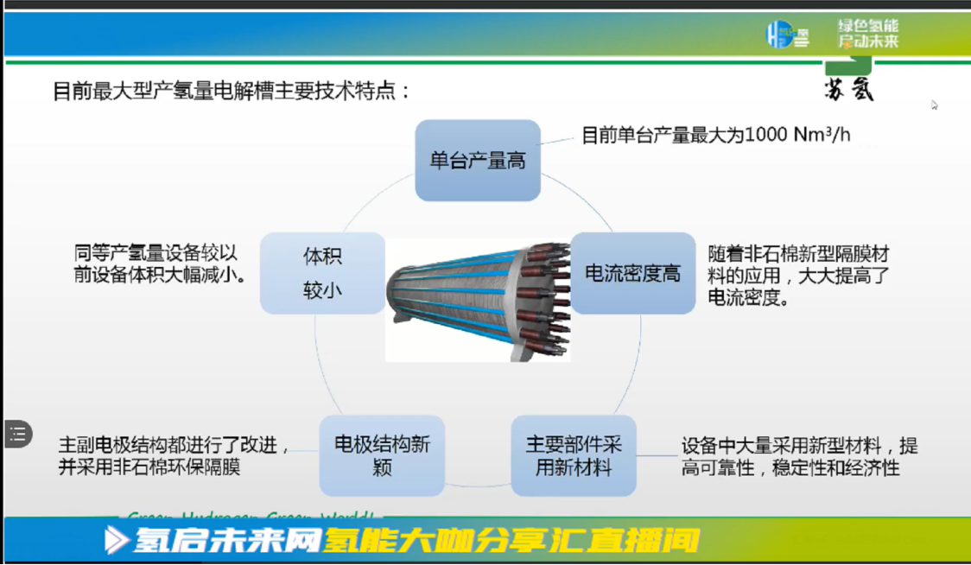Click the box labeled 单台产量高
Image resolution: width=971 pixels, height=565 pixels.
pos(478,161)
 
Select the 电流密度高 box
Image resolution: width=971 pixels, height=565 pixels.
pos(632,274)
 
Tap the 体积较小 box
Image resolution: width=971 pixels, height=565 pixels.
pos(322,273)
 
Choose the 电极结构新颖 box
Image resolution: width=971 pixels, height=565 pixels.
pos(382,455)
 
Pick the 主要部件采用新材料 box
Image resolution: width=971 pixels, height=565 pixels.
pos(574,455)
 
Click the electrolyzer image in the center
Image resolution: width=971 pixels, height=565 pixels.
pos(477,300)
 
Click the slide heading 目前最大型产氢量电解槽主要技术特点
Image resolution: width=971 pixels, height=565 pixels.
pos(232,91)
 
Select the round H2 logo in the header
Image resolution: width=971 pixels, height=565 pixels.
pos(779,35)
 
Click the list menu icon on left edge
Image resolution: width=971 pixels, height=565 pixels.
pos(18,434)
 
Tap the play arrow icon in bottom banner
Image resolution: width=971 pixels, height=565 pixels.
pos(116,541)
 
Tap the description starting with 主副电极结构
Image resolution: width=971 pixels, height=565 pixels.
pos(173,455)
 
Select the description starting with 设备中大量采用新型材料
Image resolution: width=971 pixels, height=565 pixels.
pos(798,457)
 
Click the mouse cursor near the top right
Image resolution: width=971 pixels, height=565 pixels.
pos(934,105)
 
